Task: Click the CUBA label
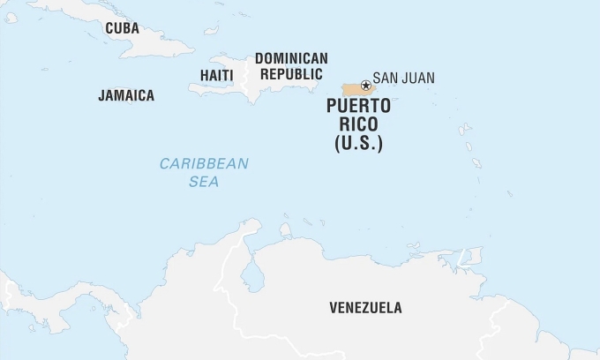coord(122,28)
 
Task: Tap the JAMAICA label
coord(126,95)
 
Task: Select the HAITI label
coord(216,76)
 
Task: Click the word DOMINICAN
coord(291,58)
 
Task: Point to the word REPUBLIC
coord(291,74)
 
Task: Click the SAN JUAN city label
coord(403,78)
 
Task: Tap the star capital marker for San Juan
coord(365,86)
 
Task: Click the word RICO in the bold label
coord(359,125)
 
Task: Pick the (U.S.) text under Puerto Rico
coord(359,143)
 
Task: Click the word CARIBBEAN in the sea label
coord(204,163)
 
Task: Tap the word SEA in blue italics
coord(204,182)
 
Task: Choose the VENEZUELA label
coord(365,308)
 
